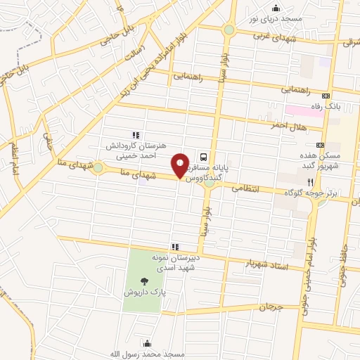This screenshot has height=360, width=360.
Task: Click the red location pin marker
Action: [181, 166]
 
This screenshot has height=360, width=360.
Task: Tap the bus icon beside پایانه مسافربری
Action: [203, 157]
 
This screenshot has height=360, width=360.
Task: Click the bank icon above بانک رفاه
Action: [326, 95]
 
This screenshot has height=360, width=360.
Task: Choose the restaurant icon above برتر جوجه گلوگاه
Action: [311, 182]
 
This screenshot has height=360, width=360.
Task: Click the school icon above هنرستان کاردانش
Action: [136, 135]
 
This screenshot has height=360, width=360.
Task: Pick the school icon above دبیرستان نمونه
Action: [175, 246]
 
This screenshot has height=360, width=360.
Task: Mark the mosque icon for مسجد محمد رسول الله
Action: [147, 343]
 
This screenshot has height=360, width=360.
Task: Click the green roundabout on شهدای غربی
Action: [229, 30]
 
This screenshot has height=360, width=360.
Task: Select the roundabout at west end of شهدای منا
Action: [97, 167]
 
